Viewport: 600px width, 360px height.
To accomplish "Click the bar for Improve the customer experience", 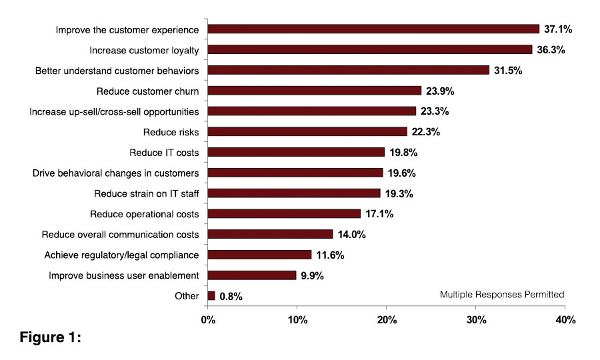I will pos(373,29).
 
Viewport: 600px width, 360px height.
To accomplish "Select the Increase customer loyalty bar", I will pos(370,49).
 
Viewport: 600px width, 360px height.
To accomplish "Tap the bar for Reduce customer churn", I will pos(315,91).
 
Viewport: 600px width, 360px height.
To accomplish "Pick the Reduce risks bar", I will pos(307,131).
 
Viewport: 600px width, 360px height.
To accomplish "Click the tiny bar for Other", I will pos(211,295).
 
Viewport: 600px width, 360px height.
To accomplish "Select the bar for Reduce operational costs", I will pos(284,213).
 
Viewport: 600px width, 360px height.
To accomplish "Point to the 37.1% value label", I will pos(559,29).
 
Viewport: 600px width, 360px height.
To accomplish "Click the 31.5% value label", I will pos(509,70).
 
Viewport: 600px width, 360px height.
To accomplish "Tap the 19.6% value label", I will pos(402,173).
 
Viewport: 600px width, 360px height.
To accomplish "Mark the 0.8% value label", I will pos(229,296).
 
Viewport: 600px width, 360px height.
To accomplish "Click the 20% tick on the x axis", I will pos(387,321).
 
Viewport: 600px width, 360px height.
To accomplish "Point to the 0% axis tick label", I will pos(208,321).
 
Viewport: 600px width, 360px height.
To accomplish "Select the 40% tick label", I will pos(565,321).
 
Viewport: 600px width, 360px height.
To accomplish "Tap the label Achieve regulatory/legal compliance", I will pos(121,255).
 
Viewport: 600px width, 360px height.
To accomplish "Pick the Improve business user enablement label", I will pos(124,275).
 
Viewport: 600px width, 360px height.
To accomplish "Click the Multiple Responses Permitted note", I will pos(502,294).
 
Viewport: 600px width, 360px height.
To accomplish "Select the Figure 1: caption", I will pos(50,337).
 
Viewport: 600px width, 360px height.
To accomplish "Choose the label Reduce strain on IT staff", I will pos(146,193).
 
